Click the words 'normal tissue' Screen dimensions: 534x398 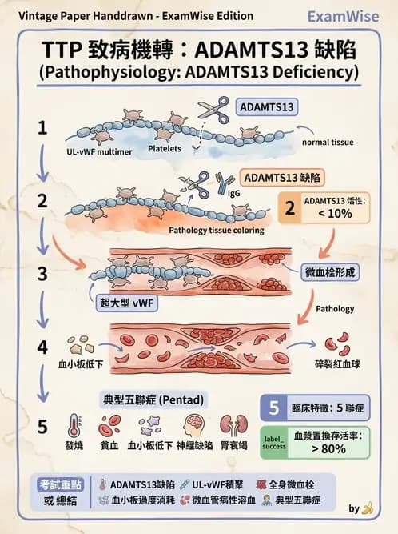(x=328, y=143)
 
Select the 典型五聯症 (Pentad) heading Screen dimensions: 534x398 (x=154, y=398)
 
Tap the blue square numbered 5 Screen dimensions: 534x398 (x=273, y=408)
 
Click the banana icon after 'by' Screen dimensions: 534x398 (x=367, y=508)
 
